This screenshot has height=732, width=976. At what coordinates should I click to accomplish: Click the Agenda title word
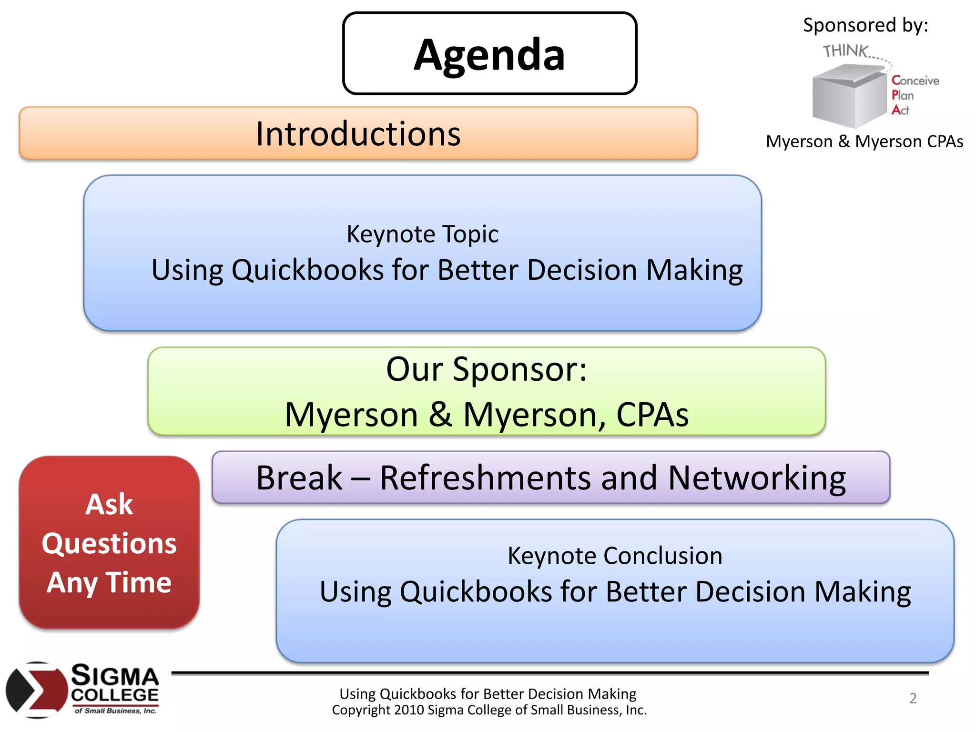click(489, 55)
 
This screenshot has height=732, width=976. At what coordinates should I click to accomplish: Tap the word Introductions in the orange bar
click(358, 134)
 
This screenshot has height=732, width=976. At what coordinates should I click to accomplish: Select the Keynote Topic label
click(422, 234)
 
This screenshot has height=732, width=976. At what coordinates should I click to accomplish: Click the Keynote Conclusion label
click(615, 556)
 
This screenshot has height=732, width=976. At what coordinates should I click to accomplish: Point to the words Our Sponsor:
click(486, 369)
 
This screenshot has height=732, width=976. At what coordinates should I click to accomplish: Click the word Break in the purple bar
click(299, 478)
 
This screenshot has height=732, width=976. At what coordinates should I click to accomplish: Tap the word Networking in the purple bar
click(757, 478)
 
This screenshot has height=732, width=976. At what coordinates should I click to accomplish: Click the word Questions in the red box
click(109, 543)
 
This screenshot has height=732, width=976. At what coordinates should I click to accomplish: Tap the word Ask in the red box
click(109, 504)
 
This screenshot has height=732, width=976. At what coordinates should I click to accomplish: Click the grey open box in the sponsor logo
click(848, 95)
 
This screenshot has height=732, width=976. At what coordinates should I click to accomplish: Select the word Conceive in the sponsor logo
click(915, 81)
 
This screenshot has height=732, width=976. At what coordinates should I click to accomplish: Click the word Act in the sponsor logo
click(901, 110)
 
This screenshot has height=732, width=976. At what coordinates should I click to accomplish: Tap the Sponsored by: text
click(865, 25)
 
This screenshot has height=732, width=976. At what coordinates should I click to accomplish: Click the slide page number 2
click(913, 698)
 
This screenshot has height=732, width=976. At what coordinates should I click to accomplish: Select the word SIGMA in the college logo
click(115, 676)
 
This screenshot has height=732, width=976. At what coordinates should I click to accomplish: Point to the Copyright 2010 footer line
click(489, 710)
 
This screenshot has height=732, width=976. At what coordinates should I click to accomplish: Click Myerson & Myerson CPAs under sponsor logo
click(864, 142)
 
